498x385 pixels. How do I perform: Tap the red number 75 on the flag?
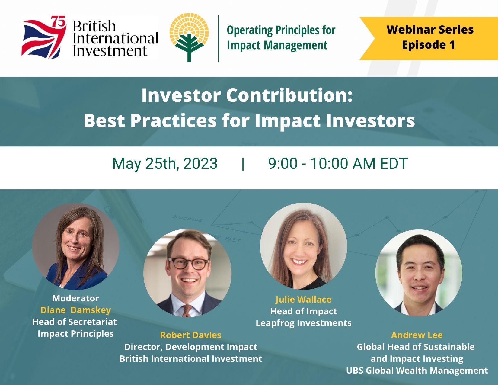(58, 22)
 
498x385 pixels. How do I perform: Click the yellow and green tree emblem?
(189, 38)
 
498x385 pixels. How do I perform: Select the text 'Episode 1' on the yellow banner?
(428, 45)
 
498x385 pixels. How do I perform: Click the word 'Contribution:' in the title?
(289, 95)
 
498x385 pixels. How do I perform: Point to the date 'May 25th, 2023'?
(165, 163)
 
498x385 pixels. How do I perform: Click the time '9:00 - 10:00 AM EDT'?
(338, 163)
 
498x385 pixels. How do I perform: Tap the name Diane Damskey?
(75, 310)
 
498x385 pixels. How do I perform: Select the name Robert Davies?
(190, 335)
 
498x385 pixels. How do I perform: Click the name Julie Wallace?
(303, 299)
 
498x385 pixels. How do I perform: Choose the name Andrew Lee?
(417, 335)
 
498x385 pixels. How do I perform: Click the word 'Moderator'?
(75, 298)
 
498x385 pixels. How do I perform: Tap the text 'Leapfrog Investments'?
(303, 323)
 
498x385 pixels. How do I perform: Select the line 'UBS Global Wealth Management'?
(417, 371)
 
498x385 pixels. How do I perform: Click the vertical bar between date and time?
(243, 163)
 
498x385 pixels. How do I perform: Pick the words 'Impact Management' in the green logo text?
(277, 45)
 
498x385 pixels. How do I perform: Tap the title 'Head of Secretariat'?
(75, 322)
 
